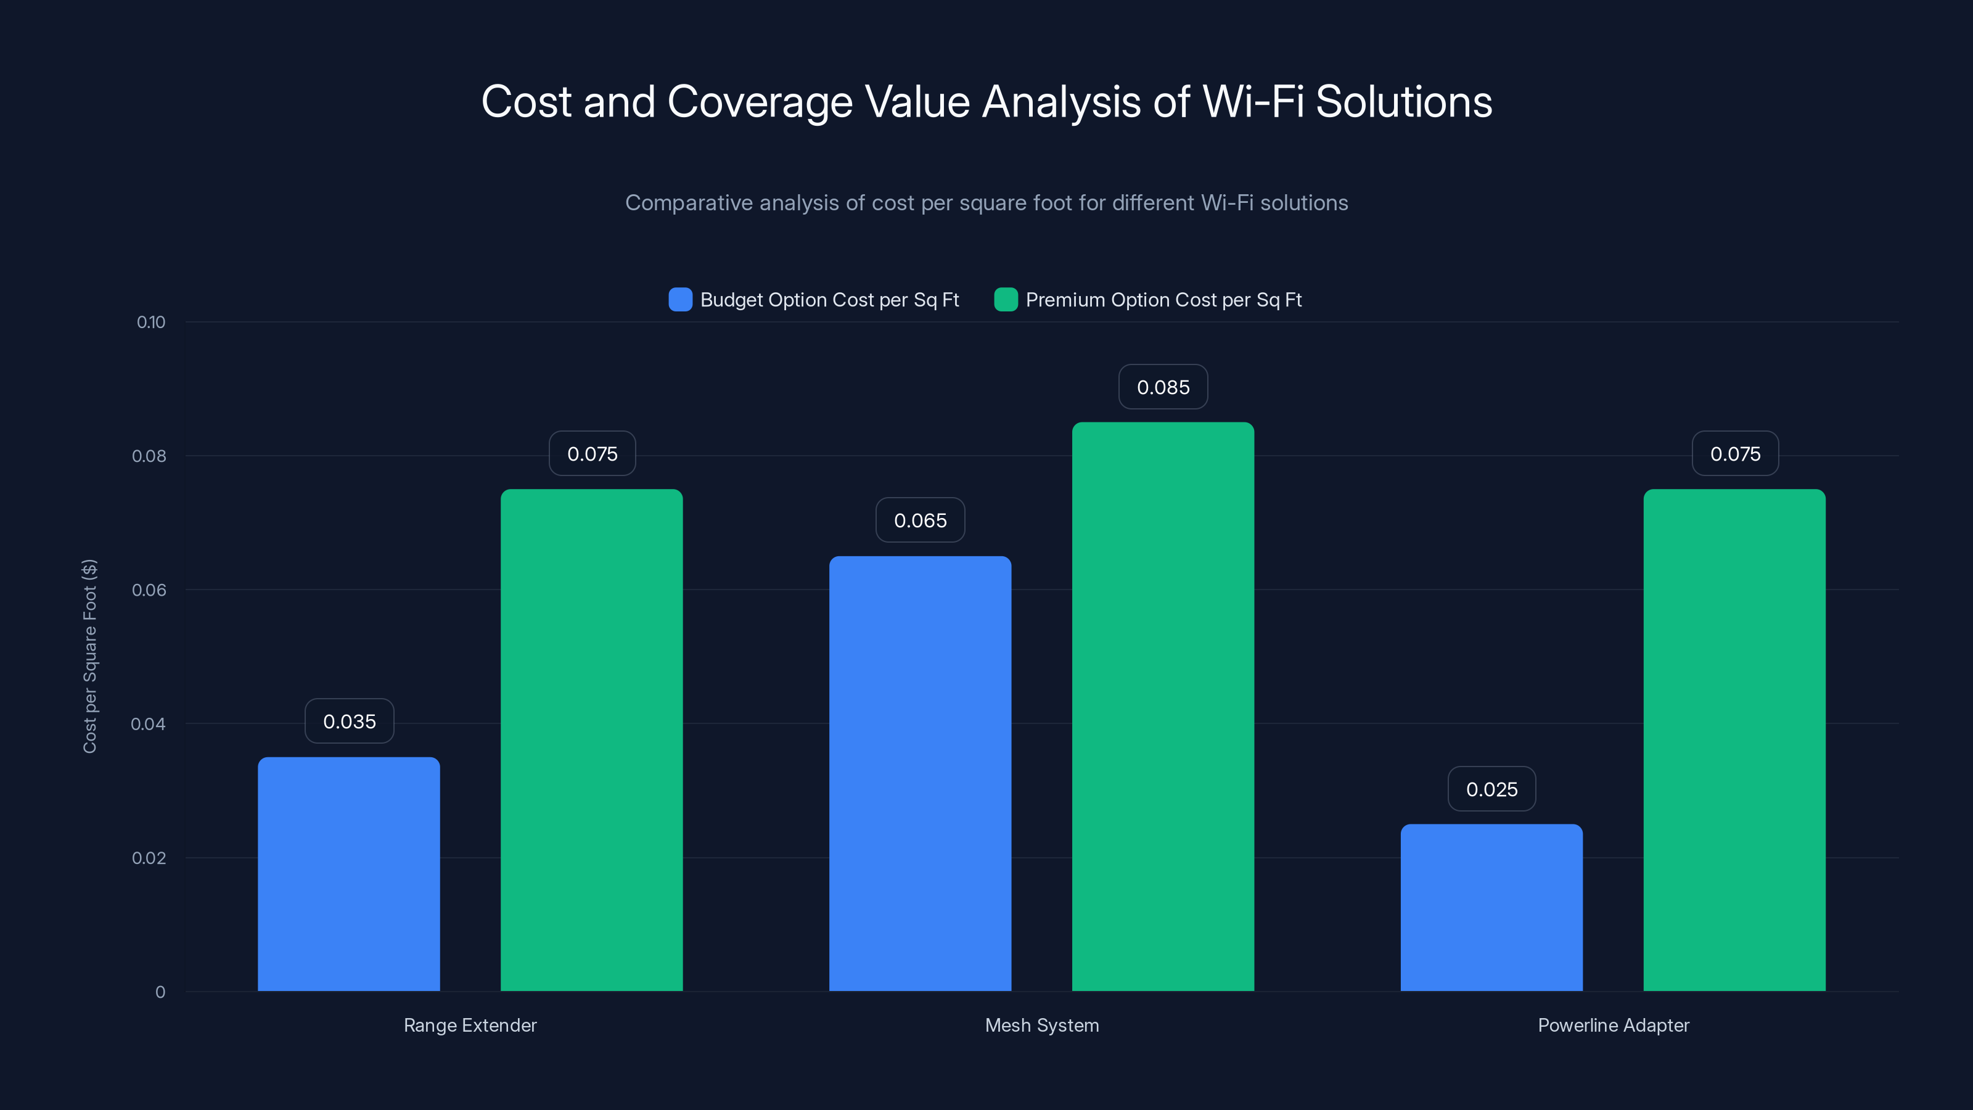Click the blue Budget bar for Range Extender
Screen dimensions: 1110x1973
pyautogui.click(x=348, y=873)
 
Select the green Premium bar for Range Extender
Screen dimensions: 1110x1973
pyautogui.click(x=591, y=739)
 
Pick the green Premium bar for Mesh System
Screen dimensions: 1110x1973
pyautogui.click(x=1163, y=705)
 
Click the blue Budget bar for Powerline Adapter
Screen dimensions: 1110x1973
pyautogui.click(x=1491, y=907)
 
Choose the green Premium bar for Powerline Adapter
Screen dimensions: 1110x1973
pyautogui.click(x=1734, y=739)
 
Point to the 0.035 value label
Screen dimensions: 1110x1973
pyautogui.click(x=349, y=721)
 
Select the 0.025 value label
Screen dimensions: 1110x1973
pyautogui.click(x=1491, y=789)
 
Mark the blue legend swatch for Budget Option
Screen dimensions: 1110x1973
pyautogui.click(x=680, y=300)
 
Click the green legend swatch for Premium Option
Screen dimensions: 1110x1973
pyautogui.click(x=1006, y=300)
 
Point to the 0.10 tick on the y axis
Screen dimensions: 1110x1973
pyautogui.click(x=151, y=323)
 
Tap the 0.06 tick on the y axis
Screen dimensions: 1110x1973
pyautogui.click(x=149, y=590)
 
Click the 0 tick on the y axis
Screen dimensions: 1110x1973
pyautogui.click(x=160, y=992)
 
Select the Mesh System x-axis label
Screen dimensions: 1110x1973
pyautogui.click(x=1041, y=1025)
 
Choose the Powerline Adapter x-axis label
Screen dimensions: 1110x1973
pyautogui.click(x=1613, y=1025)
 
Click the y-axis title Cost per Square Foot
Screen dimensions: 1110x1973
pyautogui.click(x=89, y=657)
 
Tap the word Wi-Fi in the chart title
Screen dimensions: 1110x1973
pyautogui.click(x=1253, y=102)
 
